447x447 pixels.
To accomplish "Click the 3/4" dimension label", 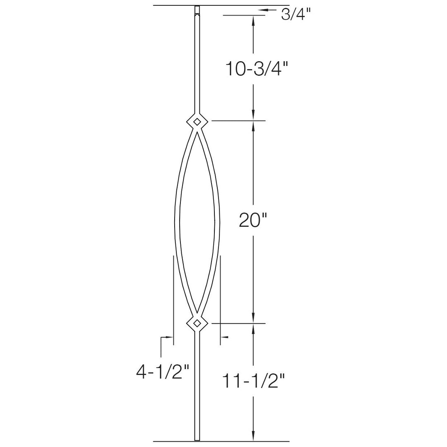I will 296,15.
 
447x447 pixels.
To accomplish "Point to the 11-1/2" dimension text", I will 253,381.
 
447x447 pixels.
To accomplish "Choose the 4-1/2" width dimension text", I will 162,372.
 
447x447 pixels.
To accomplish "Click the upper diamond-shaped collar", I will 197,121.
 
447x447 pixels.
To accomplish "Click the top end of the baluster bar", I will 197,9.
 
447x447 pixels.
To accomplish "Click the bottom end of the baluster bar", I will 197,438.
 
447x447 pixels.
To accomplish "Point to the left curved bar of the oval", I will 177,221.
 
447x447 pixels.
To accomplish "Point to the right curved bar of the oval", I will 217,221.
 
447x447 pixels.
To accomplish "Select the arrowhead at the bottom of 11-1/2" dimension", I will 253,436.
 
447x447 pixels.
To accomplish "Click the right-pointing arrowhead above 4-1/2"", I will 170,337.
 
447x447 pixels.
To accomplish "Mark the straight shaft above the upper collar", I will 197,62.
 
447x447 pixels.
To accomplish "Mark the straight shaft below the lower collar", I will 197,385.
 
